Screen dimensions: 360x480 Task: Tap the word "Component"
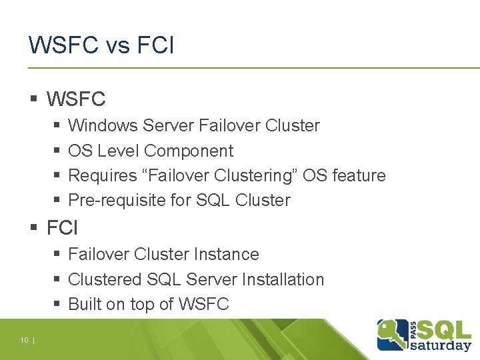tap(189, 151)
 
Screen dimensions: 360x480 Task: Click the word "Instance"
tap(227, 254)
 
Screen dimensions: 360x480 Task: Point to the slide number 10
tap(24, 341)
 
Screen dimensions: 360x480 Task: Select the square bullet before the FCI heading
tap(33, 229)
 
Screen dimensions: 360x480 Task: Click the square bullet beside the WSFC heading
tap(33, 100)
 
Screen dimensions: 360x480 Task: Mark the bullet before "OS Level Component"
tap(57, 151)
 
